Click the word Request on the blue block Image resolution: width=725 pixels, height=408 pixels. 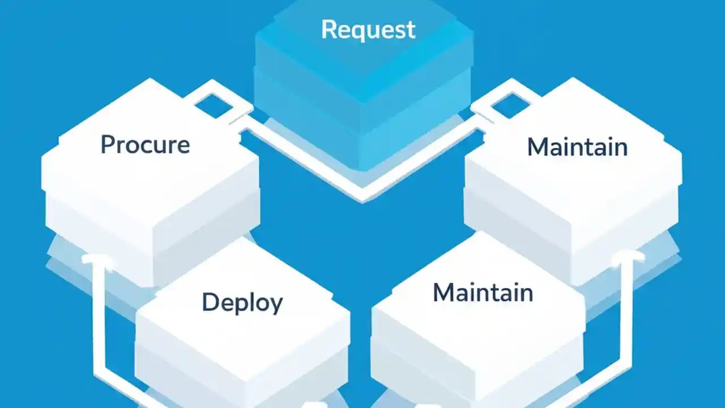pyautogui.click(x=368, y=29)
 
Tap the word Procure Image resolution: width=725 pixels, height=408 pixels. pyautogui.click(x=145, y=145)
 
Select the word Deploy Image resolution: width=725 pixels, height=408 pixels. pyautogui.click(x=242, y=303)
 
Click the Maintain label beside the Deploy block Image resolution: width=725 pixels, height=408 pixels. pyautogui.click(x=483, y=293)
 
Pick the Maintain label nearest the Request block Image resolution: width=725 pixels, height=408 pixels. pyautogui.click(x=577, y=147)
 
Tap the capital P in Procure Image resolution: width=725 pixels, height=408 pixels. pyautogui.click(x=108, y=144)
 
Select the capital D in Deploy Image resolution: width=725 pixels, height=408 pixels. pyautogui.click(x=210, y=303)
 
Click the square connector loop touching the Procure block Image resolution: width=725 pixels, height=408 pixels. pyautogui.click(x=214, y=102)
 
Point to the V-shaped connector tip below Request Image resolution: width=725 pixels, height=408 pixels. pyautogui.click(x=362, y=195)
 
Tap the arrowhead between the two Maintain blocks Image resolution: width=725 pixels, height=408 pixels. pyautogui.click(x=627, y=258)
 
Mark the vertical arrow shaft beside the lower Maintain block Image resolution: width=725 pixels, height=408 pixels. pyautogui.click(x=627, y=323)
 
